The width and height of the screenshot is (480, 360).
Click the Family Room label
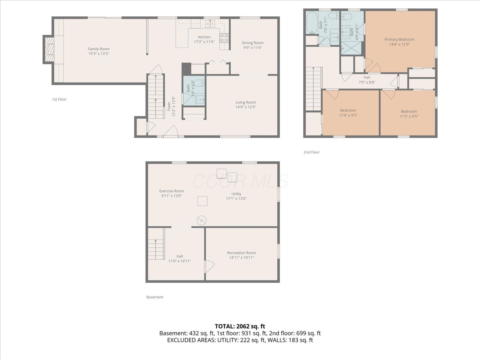99,49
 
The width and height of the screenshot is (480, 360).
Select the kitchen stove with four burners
224,38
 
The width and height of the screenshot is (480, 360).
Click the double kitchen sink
210,23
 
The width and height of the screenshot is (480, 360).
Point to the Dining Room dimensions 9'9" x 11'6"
252,48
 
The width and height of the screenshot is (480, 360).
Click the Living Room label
246,102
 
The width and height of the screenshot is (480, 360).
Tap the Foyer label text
169,106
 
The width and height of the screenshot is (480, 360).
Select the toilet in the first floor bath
200,83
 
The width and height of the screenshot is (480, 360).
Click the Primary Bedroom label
399,40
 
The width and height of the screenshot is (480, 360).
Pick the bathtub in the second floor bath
312,22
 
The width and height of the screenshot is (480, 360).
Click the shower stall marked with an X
351,48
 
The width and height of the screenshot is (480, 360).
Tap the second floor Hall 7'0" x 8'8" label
367,80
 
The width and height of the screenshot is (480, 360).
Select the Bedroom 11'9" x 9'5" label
348,113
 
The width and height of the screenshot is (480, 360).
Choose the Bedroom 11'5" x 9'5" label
409,114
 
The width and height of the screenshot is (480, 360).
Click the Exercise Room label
172,191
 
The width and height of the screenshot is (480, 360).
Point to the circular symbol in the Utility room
202,220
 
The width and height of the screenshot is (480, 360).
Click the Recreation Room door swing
210,267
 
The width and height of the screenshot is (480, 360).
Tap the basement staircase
156,249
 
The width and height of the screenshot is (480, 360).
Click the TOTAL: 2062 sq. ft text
240,326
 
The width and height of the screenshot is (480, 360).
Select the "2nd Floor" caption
311,152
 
